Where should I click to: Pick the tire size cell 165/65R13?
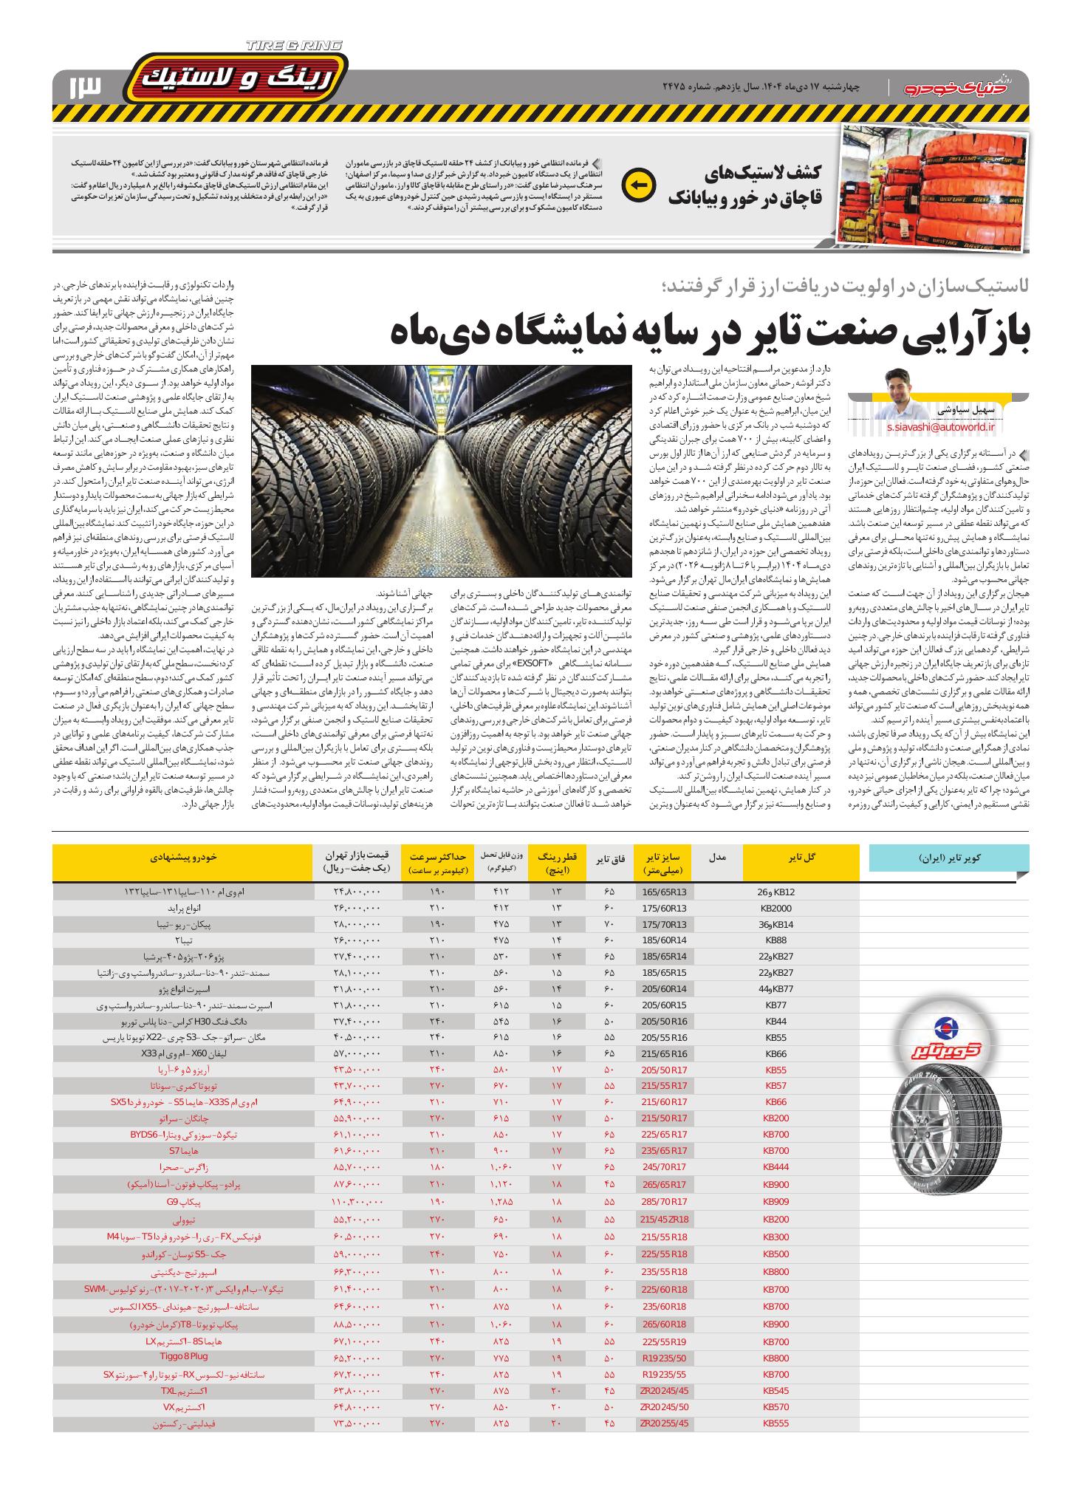click(x=664, y=892)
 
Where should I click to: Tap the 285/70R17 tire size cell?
click(x=664, y=1202)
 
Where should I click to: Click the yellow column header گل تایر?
click(x=801, y=857)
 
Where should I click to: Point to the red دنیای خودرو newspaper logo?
click(x=960, y=88)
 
